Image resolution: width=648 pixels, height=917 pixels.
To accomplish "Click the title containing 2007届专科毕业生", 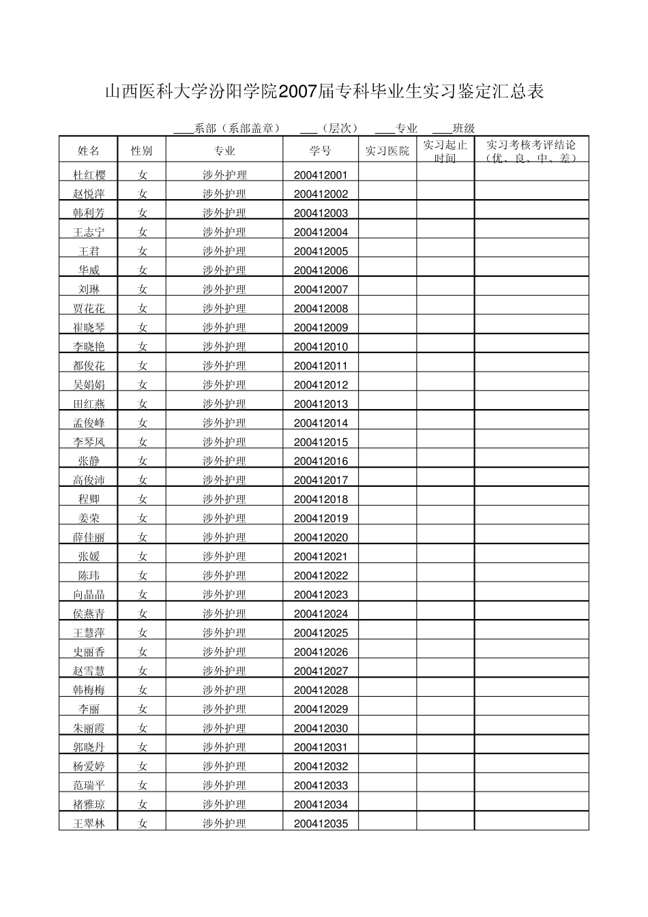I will point(324,92).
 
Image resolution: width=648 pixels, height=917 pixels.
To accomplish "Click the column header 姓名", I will point(89,151).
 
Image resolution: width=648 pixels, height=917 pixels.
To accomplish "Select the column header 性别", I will point(141,151).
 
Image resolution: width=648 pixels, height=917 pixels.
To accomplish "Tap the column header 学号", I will point(320,151).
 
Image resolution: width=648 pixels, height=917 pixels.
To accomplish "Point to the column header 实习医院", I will point(387,151).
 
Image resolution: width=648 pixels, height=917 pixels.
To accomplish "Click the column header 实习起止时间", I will point(445,151).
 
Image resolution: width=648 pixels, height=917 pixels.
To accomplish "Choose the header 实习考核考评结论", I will point(531,151).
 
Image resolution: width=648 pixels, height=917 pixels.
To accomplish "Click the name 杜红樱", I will point(89,175).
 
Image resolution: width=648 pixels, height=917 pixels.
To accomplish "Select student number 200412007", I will point(321,289).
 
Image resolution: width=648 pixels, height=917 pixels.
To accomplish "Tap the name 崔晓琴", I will point(89,327).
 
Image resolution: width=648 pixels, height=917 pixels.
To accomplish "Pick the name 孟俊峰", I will point(89,423).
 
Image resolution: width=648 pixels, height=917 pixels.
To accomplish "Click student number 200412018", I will point(321,499).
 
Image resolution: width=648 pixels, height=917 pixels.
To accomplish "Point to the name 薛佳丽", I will point(89,537).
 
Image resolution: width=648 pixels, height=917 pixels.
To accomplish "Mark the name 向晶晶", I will point(89,595).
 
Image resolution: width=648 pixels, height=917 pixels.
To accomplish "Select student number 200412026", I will point(321,652).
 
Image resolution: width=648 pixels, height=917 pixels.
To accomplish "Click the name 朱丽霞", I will point(89,728).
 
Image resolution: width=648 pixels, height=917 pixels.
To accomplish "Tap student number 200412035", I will point(321,824).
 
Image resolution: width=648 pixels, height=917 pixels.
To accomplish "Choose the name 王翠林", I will point(89,824).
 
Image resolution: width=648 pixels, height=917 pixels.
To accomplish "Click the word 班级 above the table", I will point(463,128).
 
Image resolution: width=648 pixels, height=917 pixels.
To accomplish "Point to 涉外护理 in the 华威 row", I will point(224,270).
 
